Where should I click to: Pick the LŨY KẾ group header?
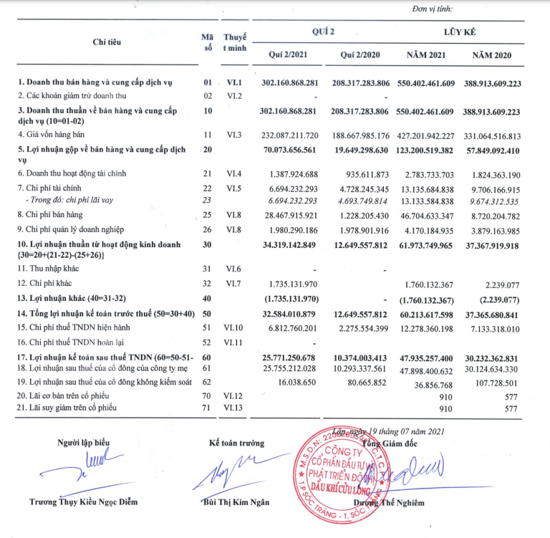[460, 32]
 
